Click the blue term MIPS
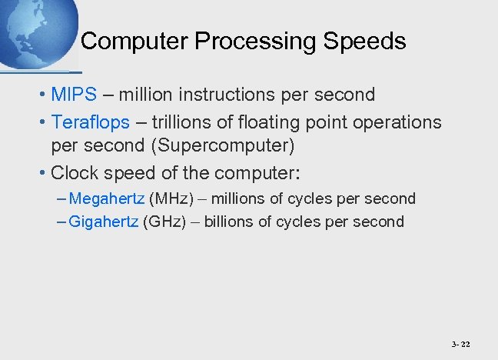74,95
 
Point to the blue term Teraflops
90,122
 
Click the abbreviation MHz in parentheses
171,198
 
